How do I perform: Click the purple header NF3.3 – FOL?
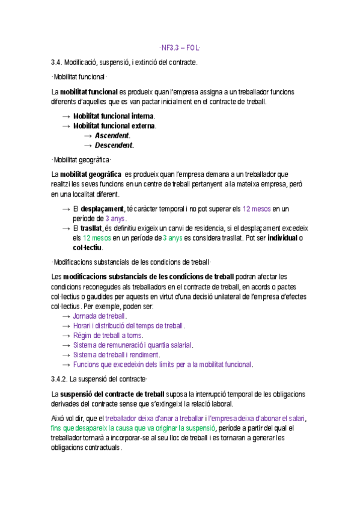[180, 48]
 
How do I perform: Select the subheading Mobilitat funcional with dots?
[79, 76]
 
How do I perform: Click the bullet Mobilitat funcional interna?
[114, 116]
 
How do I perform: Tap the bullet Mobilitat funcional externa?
[114, 126]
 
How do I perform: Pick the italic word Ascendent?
[112, 135]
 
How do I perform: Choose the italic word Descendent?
[114, 145]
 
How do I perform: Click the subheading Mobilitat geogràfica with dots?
[82, 159]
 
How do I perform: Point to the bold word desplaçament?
[102, 209]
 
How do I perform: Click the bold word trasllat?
[91, 228]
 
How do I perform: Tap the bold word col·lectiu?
[88, 247]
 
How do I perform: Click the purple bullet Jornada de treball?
[99, 316]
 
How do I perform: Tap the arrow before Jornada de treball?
[66, 316]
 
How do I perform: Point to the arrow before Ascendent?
[88, 135]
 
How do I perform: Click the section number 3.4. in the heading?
[57, 62]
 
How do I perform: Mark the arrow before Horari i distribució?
[66, 325]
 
